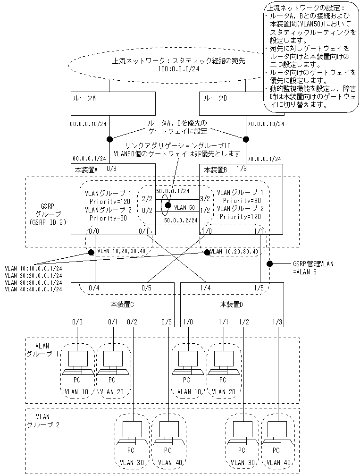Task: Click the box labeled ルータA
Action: pos(113,103)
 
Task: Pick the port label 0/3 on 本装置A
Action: pos(111,168)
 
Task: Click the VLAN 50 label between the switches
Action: pos(184,207)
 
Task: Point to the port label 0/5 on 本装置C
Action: pos(147,287)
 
